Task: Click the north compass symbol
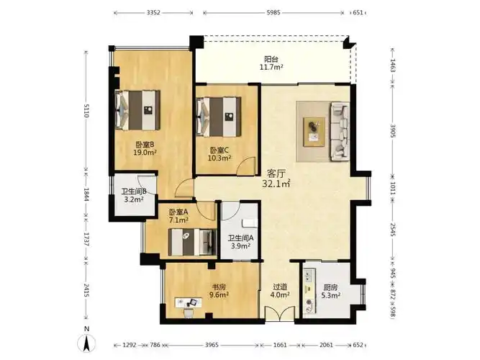coord(87,341)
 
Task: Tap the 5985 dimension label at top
coord(273,13)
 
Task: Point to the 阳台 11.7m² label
coord(271,63)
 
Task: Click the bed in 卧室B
coord(137,110)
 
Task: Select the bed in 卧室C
coord(219,117)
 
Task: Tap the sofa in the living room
coord(340,132)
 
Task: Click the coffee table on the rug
coord(314,132)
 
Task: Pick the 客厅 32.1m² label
coord(276,179)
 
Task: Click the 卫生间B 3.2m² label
coord(134,195)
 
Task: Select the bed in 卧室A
coord(192,242)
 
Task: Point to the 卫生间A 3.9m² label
coord(240,241)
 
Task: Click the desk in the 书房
coord(189,302)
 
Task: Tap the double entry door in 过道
coord(279,313)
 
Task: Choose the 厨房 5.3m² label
coord(331,292)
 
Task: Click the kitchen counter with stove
coord(309,291)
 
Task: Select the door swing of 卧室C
coord(246,166)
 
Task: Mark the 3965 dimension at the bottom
coord(212,345)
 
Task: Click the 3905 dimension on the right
coord(393,130)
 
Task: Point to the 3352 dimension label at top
coord(153,13)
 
